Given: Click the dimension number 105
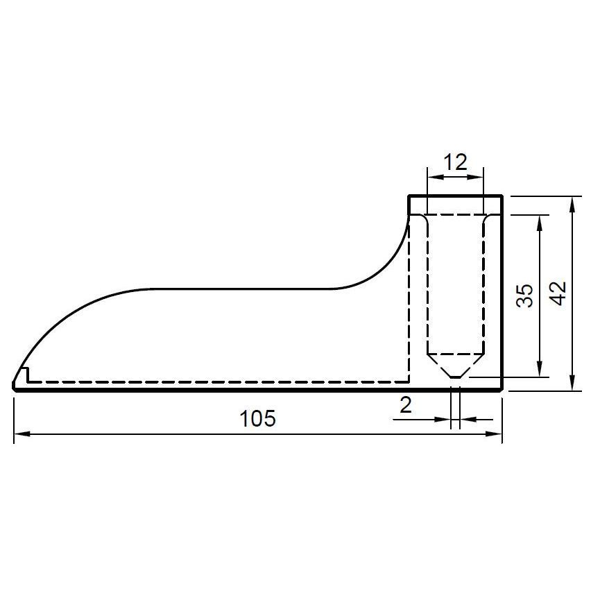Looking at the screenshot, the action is pos(257,419).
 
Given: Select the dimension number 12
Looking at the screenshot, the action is pos(455,162).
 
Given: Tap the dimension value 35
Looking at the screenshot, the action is pos(524,295).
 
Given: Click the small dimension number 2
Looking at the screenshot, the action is pos(405,405).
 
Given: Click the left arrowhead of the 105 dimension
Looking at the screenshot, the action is pos(22,434).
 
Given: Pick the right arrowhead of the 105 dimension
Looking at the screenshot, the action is pos(494,434).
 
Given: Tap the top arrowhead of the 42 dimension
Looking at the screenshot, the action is pos(572,205).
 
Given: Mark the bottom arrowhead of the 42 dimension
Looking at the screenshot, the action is pos(572,383).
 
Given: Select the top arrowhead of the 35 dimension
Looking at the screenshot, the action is pos(540,223).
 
